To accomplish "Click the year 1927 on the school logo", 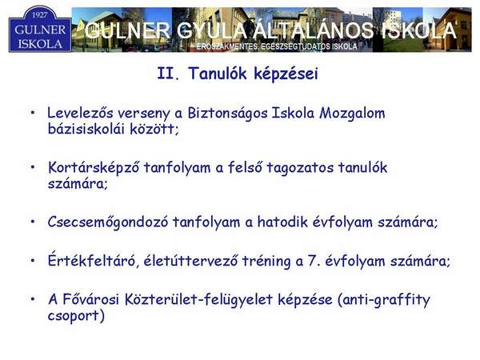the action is point(39,15).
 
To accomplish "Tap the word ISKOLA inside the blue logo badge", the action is point(40,44).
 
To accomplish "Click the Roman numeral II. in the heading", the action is point(168,74).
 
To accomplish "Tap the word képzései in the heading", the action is point(286,74).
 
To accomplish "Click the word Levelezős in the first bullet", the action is point(80,113).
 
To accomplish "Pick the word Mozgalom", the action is point(352,114).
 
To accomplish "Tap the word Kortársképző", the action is point(94,168).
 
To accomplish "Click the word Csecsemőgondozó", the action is point(108,222).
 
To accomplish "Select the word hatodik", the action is point(282,222).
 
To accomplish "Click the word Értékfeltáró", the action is point(91,260).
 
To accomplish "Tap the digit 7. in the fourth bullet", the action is point(313,261).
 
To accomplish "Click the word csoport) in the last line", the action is point(76,316).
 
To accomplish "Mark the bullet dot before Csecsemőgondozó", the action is point(33,222).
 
